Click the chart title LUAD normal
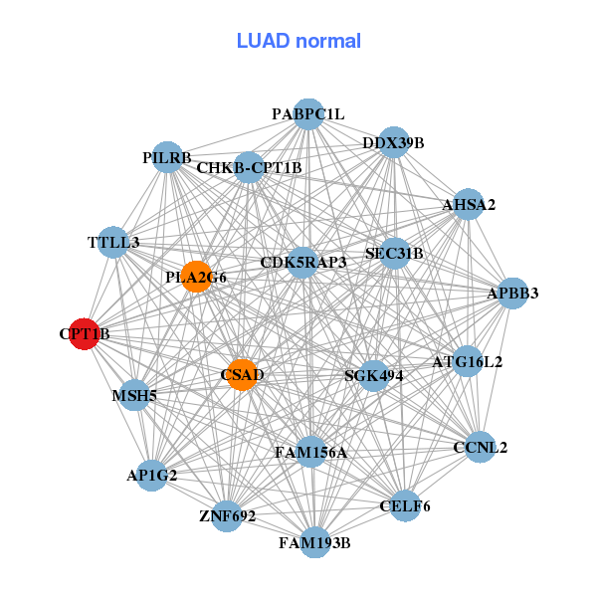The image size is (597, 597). [x=298, y=41]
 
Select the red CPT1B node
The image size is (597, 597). [x=84, y=335]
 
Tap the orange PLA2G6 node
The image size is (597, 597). [x=196, y=277]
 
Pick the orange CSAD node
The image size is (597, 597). [x=242, y=375]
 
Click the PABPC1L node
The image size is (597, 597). [x=308, y=114]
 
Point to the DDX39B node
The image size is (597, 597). [x=393, y=143]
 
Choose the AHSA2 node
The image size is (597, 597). [x=469, y=205]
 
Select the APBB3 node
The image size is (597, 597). [x=512, y=294]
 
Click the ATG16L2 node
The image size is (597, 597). [x=467, y=361]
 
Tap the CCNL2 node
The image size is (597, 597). [x=480, y=448]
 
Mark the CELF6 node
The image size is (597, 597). [x=405, y=506]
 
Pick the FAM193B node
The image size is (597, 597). [x=314, y=542]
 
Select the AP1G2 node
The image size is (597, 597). [x=152, y=475]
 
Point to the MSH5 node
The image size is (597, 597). [x=135, y=396]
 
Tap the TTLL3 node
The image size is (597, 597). [x=113, y=243]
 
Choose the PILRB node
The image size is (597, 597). [x=167, y=158]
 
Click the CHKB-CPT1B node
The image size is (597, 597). [x=249, y=167]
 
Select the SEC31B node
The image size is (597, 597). [x=394, y=254]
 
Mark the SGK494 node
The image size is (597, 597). [x=373, y=375]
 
